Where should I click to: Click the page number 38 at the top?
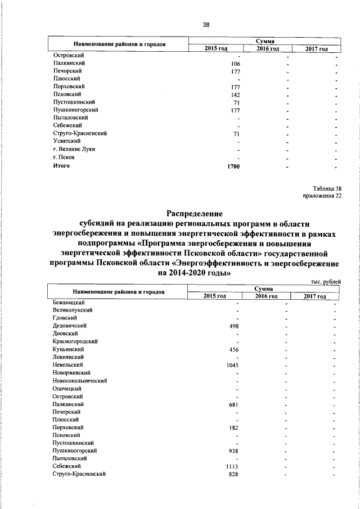(x=206, y=25)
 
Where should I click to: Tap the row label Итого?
(x=61, y=166)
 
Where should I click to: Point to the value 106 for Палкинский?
(x=236, y=64)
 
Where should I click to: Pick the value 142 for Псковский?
(x=236, y=96)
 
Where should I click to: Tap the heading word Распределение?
(x=195, y=213)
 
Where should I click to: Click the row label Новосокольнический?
(x=80, y=381)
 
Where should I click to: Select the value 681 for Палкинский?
(x=235, y=404)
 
